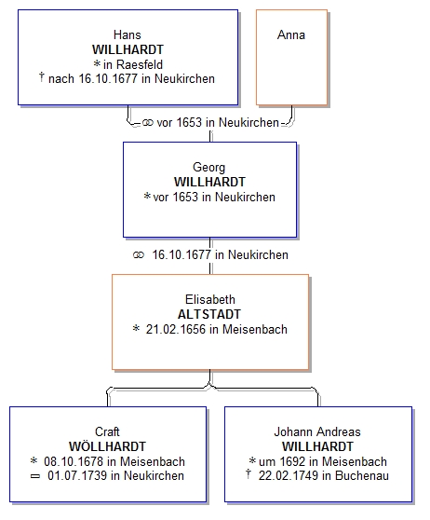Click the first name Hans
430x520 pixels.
128,34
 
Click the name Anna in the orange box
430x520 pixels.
291,34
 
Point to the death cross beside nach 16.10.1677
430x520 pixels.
41,77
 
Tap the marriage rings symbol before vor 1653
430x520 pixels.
148,123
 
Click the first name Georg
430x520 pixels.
209,168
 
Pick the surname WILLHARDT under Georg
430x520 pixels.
209,182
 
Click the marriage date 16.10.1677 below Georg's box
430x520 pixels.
181,255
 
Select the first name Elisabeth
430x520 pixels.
210,299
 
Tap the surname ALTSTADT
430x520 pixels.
209,314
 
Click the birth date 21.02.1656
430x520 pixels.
176,329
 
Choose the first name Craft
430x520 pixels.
107,431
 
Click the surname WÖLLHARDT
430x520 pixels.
107,446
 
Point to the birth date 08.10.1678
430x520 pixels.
74,461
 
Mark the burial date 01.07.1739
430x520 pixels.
77,475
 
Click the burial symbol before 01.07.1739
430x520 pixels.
34,476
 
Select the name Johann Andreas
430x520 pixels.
317,431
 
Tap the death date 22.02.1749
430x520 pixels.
289,475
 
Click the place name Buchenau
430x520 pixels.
362,475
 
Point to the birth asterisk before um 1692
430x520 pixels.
252,460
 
